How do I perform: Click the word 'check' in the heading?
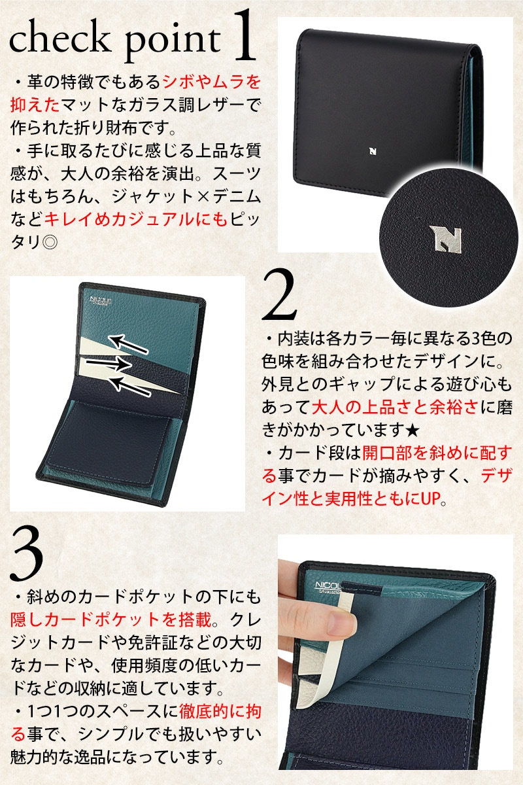[x=59, y=39]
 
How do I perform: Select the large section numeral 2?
[x=279, y=294]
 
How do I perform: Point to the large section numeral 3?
[x=27, y=555]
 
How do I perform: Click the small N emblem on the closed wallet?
[x=373, y=151]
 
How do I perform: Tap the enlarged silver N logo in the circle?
[x=445, y=238]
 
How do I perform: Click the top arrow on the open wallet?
[x=128, y=344]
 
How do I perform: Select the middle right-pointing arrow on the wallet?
[x=109, y=363]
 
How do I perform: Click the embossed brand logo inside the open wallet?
[x=101, y=300]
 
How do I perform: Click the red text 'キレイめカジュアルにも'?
[x=136, y=220]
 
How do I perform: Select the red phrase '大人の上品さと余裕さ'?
[x=395, y=407]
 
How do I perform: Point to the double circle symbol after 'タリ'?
[x=50, y=242]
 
